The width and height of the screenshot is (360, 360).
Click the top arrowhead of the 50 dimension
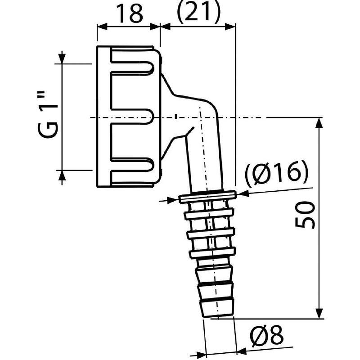click(319, 122)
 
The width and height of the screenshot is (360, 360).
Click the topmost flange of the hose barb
click(207, 196)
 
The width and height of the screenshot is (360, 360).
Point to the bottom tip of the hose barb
click(218, 312)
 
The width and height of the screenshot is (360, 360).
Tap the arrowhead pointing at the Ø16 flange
click(241, 194)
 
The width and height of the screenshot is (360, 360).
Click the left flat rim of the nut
click(103, 117)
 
